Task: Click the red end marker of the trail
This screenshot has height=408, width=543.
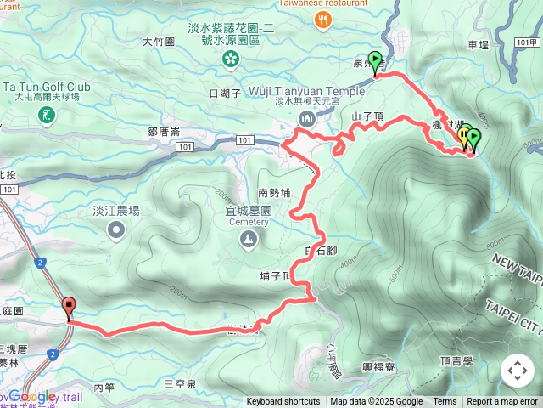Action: click(x=69, y=308)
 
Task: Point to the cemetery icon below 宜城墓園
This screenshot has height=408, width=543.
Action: click(x=247, y=241)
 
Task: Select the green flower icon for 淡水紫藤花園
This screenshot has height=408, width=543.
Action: click(x=230, y=59)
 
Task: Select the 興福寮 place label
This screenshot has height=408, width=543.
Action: click(x=378, y=367)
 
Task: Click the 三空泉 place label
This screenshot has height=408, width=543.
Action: click(x=180, y=385)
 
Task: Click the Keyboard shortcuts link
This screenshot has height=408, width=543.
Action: click(x=283, y=402)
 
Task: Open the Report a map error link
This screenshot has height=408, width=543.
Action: click(x=502, y=402)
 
